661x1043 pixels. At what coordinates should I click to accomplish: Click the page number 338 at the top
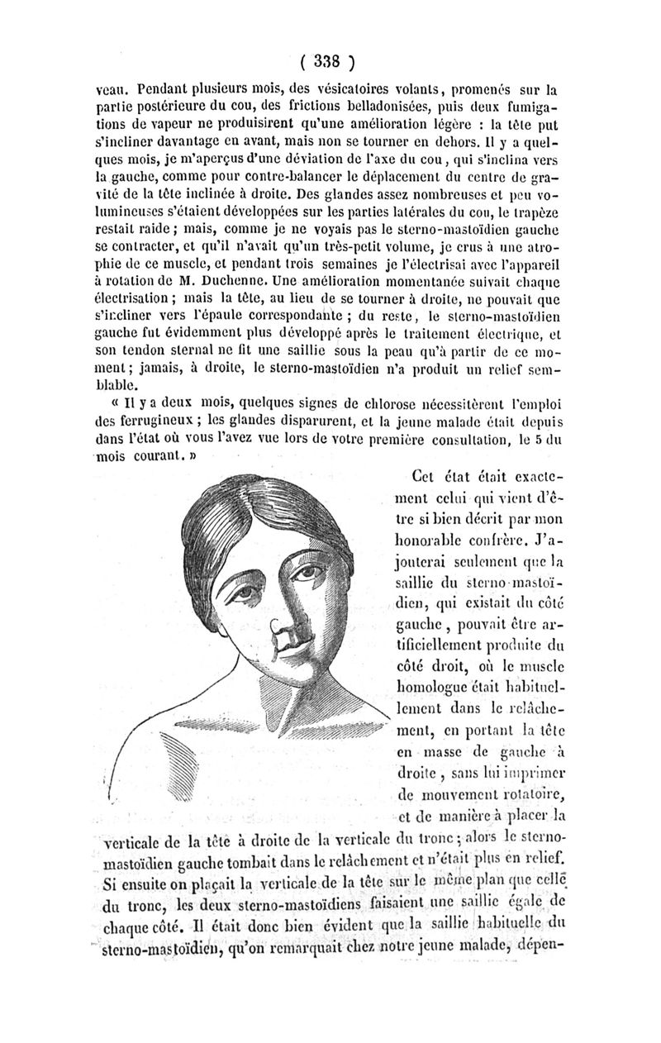point(329,60)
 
